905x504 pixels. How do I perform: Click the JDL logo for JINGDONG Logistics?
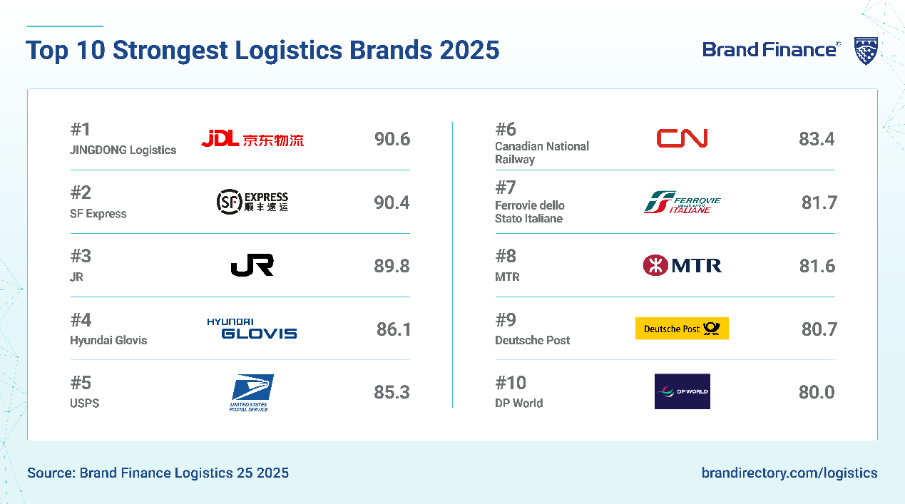252,138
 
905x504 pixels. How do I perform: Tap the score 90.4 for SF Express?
392,202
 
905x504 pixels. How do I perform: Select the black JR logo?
252,265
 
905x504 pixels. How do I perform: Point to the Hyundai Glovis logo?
252,328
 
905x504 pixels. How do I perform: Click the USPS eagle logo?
251,393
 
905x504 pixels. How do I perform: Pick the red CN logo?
682,138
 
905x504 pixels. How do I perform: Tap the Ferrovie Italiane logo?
682,202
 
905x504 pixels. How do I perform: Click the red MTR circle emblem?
655,265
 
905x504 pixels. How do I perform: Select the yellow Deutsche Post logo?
682,329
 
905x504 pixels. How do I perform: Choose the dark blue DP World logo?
682,391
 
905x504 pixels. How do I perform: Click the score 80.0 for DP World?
817,392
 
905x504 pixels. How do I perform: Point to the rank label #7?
506,187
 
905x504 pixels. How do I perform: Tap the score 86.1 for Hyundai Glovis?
394,329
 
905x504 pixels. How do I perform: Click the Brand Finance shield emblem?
866,51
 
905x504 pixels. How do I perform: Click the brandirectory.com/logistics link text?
789,473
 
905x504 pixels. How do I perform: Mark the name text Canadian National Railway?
542,153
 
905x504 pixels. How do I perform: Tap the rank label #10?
511,383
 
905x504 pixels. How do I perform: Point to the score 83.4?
817,139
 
